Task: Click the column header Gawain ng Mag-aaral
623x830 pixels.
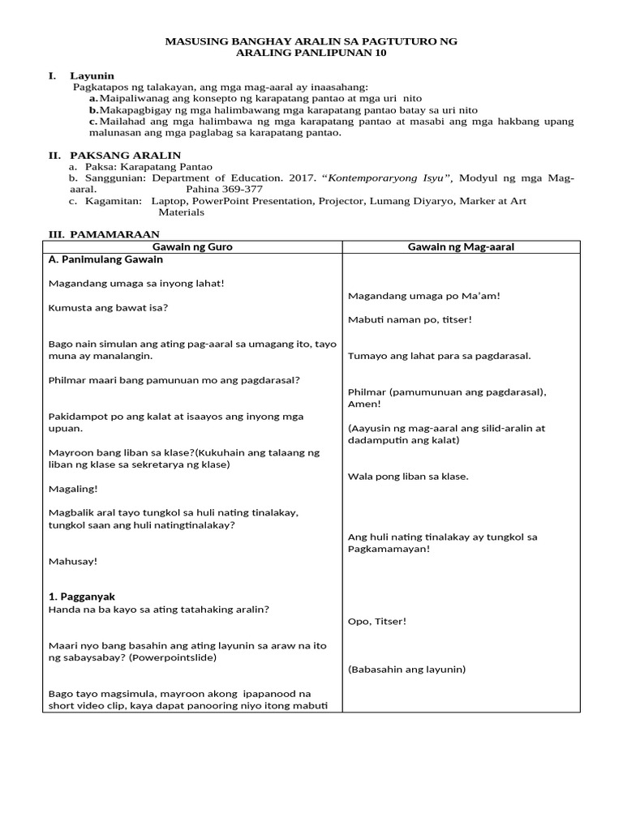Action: pyautogui.click(x=461, y=246)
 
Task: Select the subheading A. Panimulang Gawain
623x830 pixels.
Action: pyautogui.click(x=106, y=260)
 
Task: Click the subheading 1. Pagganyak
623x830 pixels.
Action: pyautogui.click(x=82, y=597)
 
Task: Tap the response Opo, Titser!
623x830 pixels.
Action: pyautogui.click(x=377, y=621)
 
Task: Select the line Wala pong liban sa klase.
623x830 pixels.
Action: pyautogui.click(x=408, y=477)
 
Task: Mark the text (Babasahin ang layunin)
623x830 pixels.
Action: pyautogui.click(x=406, y=670)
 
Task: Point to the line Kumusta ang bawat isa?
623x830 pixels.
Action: pyautogui.click(x=109, y=307)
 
